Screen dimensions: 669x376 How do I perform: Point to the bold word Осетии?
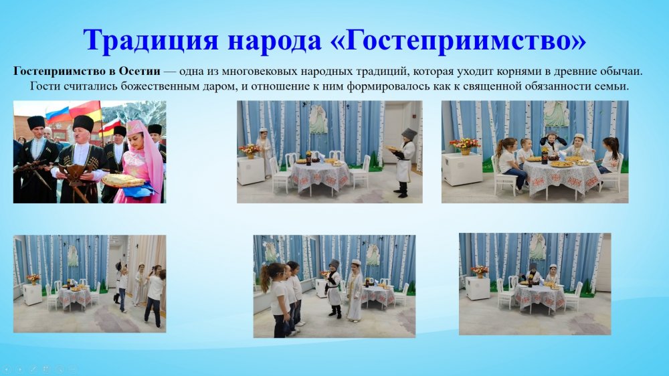tap(139, 71)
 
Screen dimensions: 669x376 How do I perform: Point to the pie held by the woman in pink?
tap(123, 180)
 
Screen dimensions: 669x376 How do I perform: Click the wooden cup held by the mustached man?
tap(77, 174)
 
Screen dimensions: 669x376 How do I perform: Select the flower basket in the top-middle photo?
tap(250, 151)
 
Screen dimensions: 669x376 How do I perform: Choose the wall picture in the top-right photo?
tap(556, 114)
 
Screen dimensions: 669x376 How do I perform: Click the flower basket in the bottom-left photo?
tap(33, 279)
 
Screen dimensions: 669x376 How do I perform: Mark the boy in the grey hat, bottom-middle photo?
tap(334, 288)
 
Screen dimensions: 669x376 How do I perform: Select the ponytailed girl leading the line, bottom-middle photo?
tap(276, 300)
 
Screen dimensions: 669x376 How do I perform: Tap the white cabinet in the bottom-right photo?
tap(478, 288)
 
